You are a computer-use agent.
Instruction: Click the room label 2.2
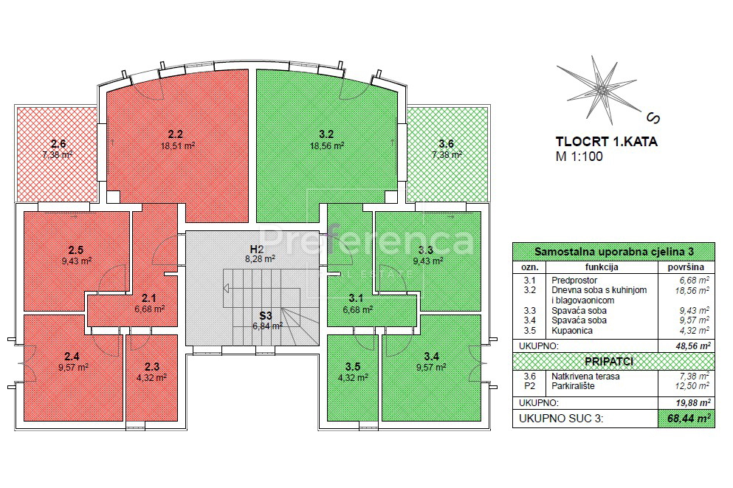175,134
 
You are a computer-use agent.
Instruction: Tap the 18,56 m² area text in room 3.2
327,145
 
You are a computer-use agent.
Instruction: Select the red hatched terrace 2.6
57,154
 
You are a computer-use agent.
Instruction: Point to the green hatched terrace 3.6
447,154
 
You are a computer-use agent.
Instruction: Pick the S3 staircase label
266,316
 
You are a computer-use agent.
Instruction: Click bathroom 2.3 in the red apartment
152,377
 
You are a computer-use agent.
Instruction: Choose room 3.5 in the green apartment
353,377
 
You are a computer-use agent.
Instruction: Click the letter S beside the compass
653,118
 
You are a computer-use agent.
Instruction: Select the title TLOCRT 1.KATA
606,142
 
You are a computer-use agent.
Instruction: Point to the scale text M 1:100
579,156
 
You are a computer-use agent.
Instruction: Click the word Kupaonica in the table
572,331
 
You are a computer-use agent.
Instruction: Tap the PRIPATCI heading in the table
609,361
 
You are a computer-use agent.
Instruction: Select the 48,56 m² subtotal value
689,346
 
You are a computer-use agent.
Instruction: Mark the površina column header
686,267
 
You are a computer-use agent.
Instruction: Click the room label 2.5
76,250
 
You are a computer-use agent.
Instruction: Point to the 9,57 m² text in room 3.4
431,368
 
